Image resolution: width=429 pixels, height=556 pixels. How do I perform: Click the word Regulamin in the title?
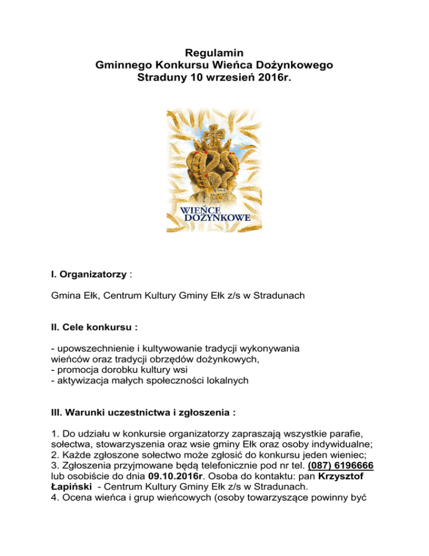214,53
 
